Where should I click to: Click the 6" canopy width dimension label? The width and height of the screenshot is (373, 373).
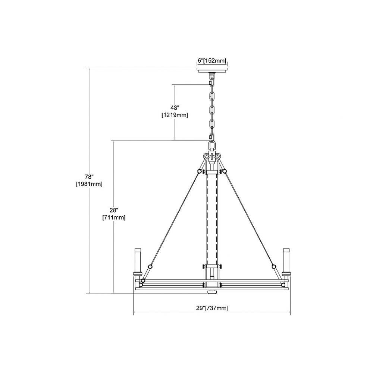(211, 61)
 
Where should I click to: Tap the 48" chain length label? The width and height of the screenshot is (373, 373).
(175, 108)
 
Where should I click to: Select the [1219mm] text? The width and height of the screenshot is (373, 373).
(175, 116)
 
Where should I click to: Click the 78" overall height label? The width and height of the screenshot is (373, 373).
(89, 177)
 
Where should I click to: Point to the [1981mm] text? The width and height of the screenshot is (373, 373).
(89, 184)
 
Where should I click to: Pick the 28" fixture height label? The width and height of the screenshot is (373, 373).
(114, 210)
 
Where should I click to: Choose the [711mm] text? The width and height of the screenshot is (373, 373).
(114, 217)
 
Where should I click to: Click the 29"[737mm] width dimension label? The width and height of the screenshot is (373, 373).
(212, 308)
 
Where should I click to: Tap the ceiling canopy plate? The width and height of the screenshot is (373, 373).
(212, 70)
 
